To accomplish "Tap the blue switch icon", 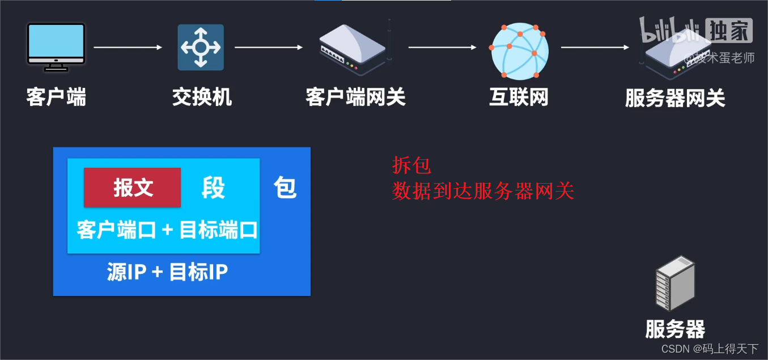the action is pos(201,47).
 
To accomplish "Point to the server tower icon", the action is pos(675,283).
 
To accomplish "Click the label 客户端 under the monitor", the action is pos(56,98).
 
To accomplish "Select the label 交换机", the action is pos(202,98).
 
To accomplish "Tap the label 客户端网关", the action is pos(355,98).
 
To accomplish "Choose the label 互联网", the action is pos(519,98).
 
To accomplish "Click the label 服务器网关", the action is pos(675,99).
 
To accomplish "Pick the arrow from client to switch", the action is pos(128,48).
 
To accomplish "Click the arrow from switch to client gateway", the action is pos(269,48).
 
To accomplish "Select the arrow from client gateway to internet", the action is pos(442,48).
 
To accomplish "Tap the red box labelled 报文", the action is pos(133,188).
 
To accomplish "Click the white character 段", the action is pos(213,188).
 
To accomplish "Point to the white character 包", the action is pos(285,188).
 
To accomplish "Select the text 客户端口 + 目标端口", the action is pos(167,230).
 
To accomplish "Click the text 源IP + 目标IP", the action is pos(167,273).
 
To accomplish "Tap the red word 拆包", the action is pos(411,166).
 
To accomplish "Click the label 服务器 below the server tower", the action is pos(675,329).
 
